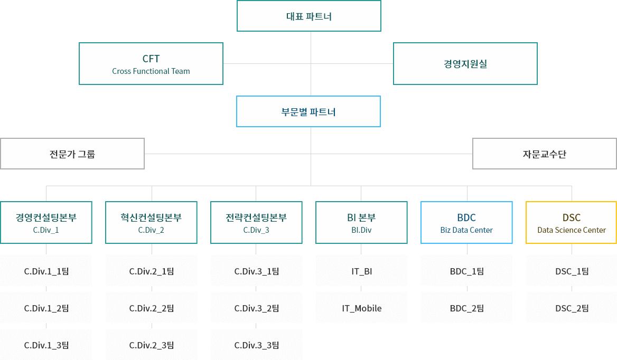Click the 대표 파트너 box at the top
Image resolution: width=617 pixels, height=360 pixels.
[x=308, y=16]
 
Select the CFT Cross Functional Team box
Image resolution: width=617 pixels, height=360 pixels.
[x=151, y=63]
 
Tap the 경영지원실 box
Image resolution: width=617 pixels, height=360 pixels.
[x=465, y=63]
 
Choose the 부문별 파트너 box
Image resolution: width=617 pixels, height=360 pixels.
[x=308, y=111]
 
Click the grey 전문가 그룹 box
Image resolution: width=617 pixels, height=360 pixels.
[x=72, y=154]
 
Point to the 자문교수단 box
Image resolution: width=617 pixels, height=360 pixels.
[x=544, y=154]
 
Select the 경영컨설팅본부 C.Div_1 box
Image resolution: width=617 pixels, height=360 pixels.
[x=46, y=222]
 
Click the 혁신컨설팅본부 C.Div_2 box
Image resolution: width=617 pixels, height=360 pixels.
[x=151, y=222]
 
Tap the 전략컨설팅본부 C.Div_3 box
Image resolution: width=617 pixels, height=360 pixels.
[x=256, y=222]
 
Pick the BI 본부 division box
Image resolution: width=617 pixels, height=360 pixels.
[x=361, y=222]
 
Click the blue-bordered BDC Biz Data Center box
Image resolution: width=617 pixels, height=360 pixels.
[x=466, y=222]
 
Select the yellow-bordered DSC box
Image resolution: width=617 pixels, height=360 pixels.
[x=572, y=222]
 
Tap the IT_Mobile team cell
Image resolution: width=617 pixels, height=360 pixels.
[x=361, y=308]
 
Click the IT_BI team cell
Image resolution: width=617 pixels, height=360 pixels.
[x=361, y=271]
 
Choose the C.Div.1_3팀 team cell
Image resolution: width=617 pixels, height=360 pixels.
[x=46, y=345]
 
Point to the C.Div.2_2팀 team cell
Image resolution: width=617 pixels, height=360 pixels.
[x=151, y=308]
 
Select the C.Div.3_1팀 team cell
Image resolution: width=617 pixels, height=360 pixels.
[x=256, y=271]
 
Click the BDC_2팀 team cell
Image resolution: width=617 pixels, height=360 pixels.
[x=466, y=308]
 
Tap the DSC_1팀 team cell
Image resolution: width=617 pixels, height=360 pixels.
[x=572, y=271]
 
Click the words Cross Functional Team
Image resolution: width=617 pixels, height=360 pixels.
[x=151, y=71]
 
